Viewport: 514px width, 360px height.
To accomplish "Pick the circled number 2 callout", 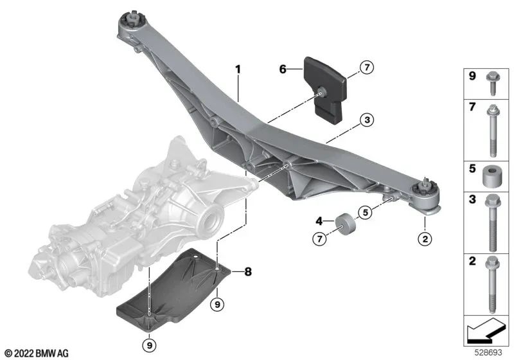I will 424,240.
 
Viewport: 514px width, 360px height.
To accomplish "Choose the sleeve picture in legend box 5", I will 490,175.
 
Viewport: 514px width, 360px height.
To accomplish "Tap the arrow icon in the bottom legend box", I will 484,333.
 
